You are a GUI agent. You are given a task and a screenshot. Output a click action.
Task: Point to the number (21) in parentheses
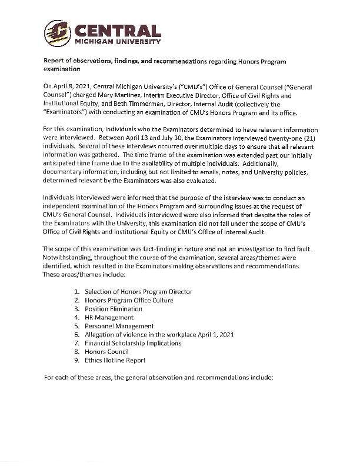(x=309, y=137)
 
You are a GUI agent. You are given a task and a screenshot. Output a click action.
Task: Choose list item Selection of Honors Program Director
(x=138, y=291)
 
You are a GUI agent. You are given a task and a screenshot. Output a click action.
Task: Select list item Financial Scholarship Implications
(x=132, y=342)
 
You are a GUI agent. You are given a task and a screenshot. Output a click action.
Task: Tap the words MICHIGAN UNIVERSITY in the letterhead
(x=116, y=42)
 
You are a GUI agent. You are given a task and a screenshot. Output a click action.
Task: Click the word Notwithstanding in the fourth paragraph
(x=70, y=257)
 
